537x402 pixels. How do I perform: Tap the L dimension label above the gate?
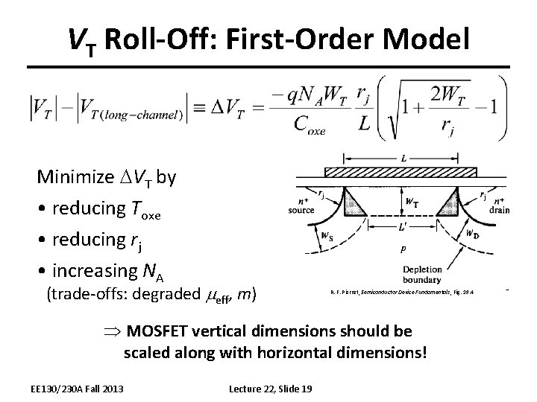click(x=403, y=159)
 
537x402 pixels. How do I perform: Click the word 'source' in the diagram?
click(x=301, y=210)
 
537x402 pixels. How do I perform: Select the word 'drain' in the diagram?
click(x=500, y=210)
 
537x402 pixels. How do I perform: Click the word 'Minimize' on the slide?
click(x=71, y=178)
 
